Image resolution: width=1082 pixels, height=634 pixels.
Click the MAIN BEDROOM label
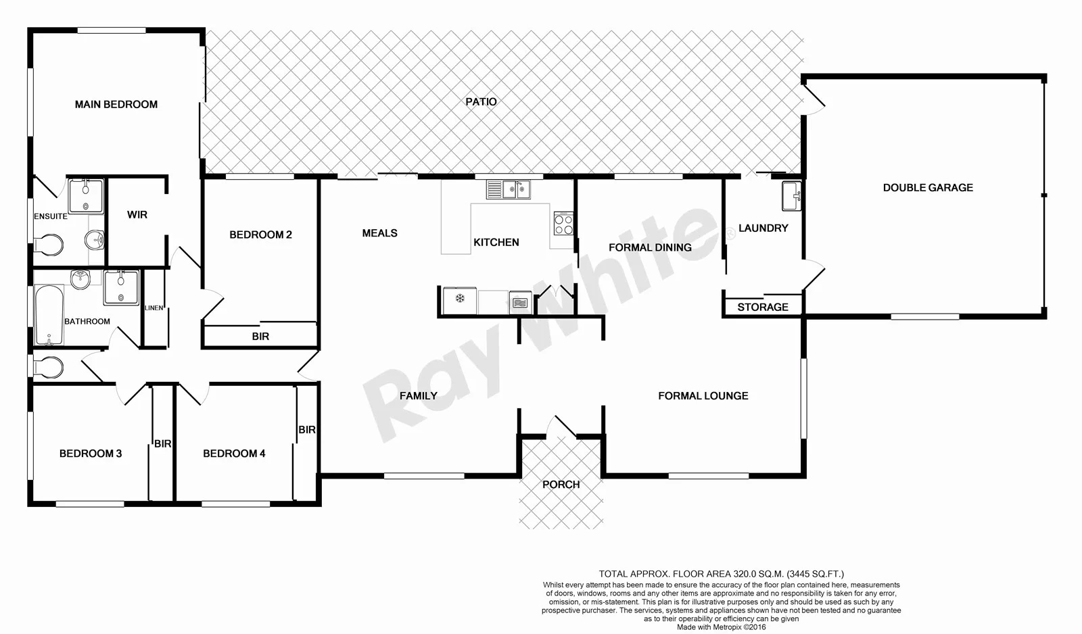116,104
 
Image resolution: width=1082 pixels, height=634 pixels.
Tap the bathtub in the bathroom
49,314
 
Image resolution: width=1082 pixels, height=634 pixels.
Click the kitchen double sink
509,189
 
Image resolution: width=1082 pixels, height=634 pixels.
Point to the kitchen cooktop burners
563,223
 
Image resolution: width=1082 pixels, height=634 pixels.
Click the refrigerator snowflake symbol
460,299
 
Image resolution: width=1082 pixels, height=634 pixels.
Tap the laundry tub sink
791,196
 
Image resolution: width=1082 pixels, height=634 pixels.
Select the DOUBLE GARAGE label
928,188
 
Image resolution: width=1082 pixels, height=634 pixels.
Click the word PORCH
561,485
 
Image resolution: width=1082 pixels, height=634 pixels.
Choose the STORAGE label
762,307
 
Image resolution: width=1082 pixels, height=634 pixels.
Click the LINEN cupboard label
154,308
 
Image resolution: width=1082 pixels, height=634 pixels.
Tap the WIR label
137,215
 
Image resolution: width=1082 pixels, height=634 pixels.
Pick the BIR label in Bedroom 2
260,336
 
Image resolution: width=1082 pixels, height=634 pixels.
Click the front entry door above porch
561,426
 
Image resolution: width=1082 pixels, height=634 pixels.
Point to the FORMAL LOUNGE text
703,396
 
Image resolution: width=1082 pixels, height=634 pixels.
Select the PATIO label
481,102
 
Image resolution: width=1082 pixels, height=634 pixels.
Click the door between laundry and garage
813,274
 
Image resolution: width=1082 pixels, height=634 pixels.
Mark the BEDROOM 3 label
91,454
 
